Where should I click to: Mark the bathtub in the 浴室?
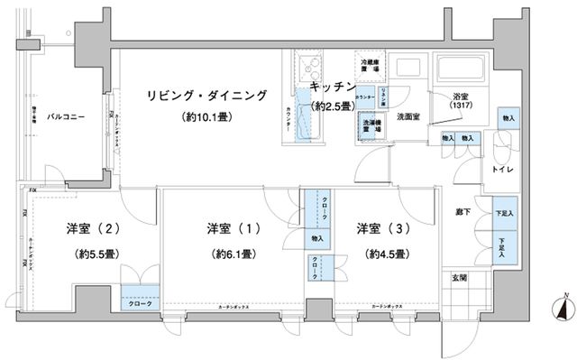click(460, 69)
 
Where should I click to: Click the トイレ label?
click(502, 169)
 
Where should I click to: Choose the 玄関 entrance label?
click(458, 278)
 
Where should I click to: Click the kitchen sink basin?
click(305, 68)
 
